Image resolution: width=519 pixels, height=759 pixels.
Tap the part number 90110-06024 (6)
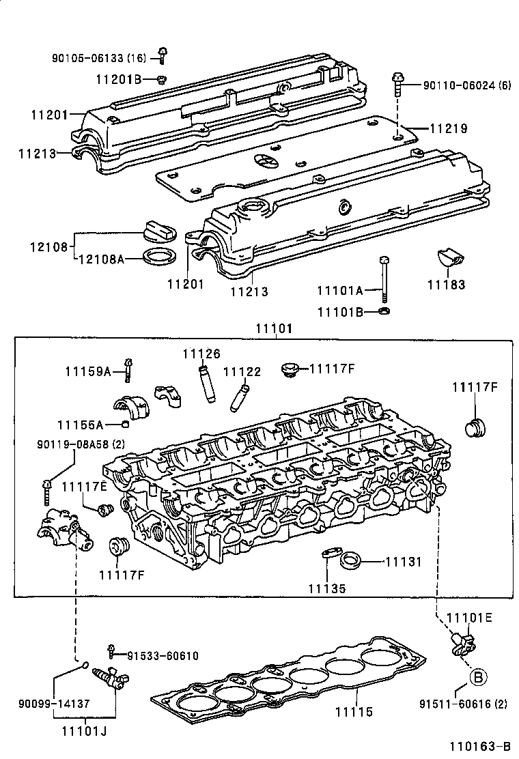point(466,85)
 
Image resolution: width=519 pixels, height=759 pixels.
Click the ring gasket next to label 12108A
point(159,258)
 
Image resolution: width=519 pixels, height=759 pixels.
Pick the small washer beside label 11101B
point(384,312)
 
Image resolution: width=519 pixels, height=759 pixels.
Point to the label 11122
point(242,372)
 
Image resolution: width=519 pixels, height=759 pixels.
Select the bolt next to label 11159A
point(128,369)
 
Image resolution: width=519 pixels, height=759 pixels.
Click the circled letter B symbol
point(479,677)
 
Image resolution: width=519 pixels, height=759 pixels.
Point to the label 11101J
point(86,732)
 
